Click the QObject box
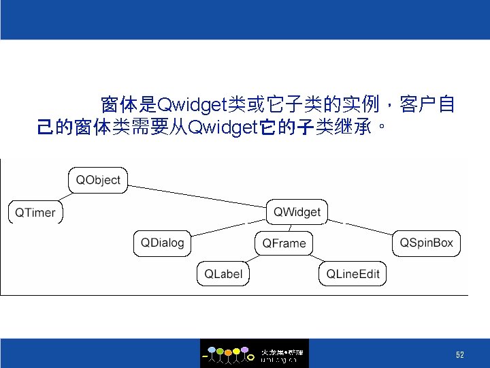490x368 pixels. point(98,180)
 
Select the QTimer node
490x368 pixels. point(35,213)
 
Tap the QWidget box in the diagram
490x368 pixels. point(297,212)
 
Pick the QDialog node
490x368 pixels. point(163,243)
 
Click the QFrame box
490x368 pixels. point(284,243)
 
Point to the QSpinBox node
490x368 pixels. point(426,243)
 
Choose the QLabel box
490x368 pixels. point(223,274)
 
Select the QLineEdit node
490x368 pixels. point(353,274)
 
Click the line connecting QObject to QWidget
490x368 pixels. point(197,196)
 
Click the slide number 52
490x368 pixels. point(459,355)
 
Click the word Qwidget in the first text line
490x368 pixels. point(191,105)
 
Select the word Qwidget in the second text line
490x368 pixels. point(220,127)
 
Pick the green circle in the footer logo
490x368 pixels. point(220,351)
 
